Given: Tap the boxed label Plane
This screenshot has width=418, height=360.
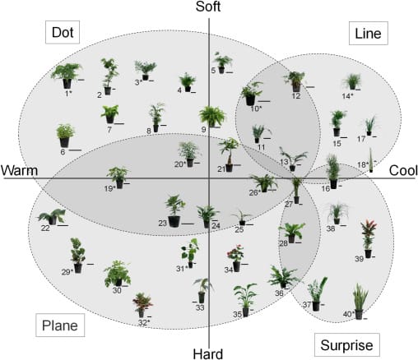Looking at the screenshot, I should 58,325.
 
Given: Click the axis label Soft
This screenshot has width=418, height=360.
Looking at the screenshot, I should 211,8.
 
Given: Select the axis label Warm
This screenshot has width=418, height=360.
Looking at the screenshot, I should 20,170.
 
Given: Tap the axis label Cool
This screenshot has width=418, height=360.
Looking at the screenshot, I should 402,170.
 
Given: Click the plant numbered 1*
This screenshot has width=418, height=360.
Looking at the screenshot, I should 66,75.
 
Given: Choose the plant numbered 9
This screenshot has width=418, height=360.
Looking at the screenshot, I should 212,115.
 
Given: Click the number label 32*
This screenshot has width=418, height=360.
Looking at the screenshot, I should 142,323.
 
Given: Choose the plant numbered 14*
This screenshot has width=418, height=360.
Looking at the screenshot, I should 351,81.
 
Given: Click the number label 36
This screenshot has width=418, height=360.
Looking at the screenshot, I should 280,293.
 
